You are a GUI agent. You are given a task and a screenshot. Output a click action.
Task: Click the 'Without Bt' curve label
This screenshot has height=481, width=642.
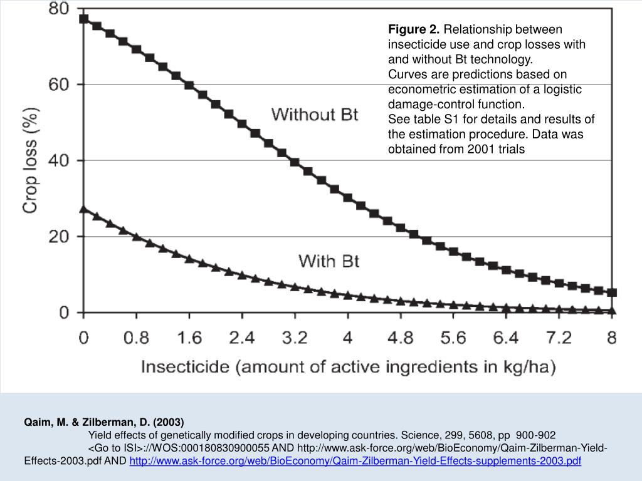(315, 115)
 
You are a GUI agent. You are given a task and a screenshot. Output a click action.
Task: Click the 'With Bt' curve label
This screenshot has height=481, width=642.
(329, 261)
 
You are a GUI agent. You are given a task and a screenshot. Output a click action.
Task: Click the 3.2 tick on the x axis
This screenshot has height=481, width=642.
(295, 338)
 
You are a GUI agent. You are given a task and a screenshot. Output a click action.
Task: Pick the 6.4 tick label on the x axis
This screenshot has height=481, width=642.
(506, 338)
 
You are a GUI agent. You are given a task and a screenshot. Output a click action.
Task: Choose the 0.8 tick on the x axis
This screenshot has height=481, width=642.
(136, 338)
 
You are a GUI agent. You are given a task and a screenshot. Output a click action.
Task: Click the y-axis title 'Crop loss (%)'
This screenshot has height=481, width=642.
(31, 160)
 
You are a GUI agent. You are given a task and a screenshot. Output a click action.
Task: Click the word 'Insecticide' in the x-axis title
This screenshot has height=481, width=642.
(183, 367)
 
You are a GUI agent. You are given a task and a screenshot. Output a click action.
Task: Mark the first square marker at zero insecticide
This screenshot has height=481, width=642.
(84, 19)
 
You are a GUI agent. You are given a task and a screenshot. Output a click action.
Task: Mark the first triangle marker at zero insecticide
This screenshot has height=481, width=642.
(84, 209)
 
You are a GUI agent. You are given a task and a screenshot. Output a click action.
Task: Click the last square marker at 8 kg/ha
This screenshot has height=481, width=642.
(613, 292)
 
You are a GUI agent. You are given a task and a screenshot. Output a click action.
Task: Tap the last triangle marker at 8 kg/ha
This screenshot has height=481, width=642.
(613, 310)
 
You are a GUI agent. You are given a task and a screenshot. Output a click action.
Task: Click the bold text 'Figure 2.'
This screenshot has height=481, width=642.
(414, 29)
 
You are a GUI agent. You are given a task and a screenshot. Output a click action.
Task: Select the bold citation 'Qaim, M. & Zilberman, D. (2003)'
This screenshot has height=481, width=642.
(104, 422)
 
